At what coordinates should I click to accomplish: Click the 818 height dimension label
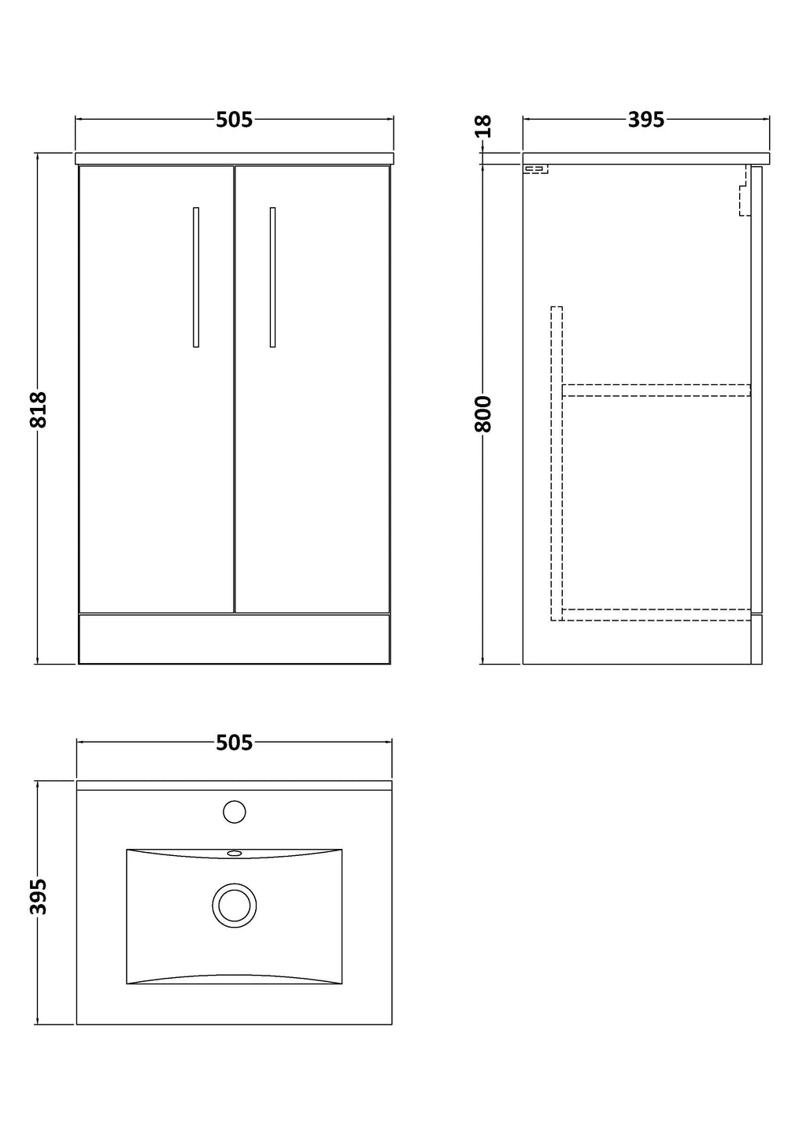point(39,409)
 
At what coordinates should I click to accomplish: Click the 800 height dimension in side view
point(483,413)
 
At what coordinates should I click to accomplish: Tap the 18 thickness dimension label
point(483,126)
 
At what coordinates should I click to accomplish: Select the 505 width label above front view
point(235,120)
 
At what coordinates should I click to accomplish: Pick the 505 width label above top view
point(235,743)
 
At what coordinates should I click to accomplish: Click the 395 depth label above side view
point(646,120)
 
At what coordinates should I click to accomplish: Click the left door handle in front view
point(196,277)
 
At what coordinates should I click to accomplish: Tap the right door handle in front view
point(273,277)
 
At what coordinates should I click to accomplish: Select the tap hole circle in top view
point(235,811)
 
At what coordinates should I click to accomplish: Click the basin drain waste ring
point(235,906)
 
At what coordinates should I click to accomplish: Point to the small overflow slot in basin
point(235,853)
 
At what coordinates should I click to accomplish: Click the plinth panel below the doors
point(235,639)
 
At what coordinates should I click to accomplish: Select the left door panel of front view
point(157,389)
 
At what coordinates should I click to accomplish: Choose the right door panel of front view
point(312,389)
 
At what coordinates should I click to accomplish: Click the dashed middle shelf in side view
point(656,390)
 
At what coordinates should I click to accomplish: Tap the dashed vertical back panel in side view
point(556,463)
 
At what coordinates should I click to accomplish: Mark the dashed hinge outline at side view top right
point(745,190)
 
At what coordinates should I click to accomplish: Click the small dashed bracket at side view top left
point(536,169)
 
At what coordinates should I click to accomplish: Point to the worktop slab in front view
point(235,158)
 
